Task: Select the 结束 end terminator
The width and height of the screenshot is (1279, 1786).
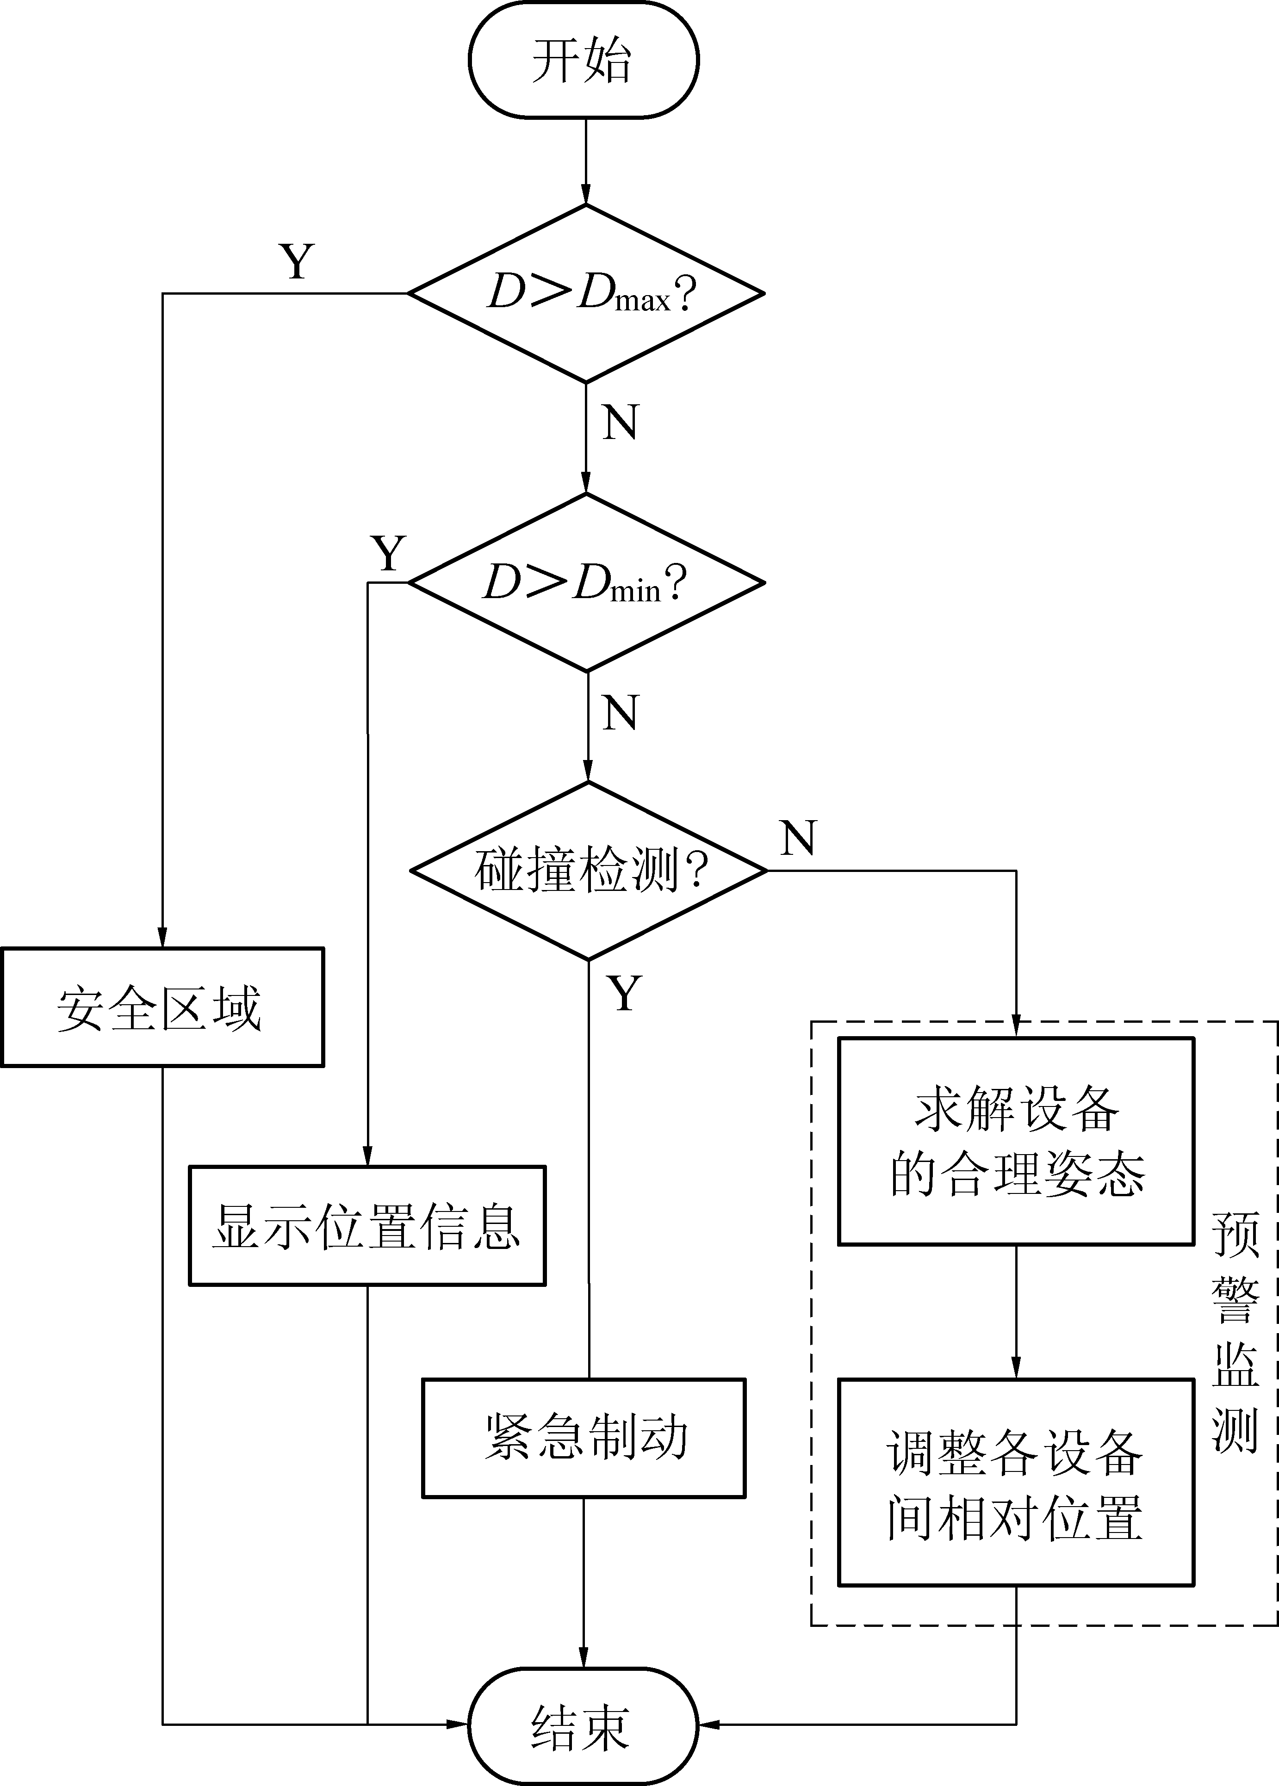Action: point(584,1724)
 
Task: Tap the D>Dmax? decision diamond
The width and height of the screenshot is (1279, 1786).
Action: point(586,294)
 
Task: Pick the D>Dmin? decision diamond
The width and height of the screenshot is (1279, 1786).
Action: point(586,582)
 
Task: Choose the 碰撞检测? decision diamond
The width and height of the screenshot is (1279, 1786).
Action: point(588,871)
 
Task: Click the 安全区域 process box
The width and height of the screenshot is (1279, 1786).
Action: point(162,1007)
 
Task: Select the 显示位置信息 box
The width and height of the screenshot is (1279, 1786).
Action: point(367,1225)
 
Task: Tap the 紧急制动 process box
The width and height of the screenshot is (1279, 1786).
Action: point(584,1438)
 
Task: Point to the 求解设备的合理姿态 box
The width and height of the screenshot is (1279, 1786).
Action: point(1016,1141)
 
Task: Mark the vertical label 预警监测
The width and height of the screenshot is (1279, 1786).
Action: point(1235,1330)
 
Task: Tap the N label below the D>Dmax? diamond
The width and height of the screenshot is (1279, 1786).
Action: point(620,423)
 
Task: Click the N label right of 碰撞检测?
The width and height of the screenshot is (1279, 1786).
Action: point(799,838)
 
